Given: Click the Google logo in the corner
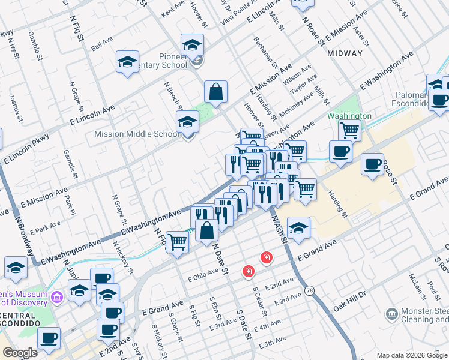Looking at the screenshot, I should (x=20, y=353).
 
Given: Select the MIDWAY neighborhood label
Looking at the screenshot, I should (x=345, y=53).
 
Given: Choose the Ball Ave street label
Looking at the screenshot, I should (x=101, y=46).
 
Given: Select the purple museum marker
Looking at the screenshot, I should (x=57, y=296).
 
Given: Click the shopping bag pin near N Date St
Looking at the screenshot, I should (x=206, y=230).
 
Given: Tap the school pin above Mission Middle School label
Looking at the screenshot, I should (x=187, y=122).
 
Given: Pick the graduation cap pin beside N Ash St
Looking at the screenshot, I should (x=298, y=227).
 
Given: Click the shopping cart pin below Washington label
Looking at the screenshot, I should (x=349, y=130).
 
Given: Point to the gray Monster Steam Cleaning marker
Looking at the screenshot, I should (x=392, y=313).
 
